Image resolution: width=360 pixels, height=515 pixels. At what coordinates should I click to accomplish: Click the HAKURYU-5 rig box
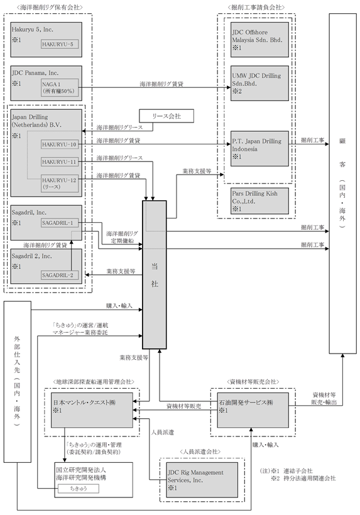pos(60,44)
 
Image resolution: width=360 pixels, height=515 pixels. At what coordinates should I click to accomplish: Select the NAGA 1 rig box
pos(60,88)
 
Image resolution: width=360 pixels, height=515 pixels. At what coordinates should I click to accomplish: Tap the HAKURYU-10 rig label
pos(60,144)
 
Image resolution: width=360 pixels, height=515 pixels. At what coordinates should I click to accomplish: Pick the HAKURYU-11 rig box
pos(60,161)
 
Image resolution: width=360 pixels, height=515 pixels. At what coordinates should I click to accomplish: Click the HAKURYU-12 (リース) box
pos(60,183)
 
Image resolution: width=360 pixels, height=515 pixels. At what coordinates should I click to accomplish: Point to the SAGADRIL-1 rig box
pos(60,223)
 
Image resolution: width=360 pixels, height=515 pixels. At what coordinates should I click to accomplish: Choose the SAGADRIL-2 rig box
pos(60,275)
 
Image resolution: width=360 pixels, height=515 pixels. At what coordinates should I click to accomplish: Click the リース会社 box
pos(166,116)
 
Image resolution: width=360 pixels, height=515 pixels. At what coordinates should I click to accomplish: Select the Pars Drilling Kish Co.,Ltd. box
pos(259,201)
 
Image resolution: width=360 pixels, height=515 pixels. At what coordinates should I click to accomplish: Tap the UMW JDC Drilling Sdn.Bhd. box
pos(259,83)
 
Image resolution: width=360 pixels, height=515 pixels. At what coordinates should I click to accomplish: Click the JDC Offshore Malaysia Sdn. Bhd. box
pos(259,40)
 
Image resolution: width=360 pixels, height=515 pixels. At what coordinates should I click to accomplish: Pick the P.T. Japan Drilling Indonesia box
pos(259,148)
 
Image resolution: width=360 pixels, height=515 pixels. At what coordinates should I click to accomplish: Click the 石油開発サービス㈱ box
pos(253,410)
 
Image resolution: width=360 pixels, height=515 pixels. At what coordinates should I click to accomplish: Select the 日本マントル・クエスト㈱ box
pos(92,410)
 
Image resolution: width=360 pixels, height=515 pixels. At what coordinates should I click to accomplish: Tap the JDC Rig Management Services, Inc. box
pos(202,480)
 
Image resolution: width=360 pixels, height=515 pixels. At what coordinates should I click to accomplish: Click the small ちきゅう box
pos(79,489)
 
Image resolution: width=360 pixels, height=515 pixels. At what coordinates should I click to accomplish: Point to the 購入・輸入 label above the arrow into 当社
pos(119,305)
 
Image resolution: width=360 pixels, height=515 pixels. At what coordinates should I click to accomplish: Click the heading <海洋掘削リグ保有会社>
pos(49,8)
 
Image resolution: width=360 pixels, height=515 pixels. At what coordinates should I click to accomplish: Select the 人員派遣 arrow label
pos(162,432)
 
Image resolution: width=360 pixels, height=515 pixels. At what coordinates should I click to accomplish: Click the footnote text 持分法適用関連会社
pos(309,478)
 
